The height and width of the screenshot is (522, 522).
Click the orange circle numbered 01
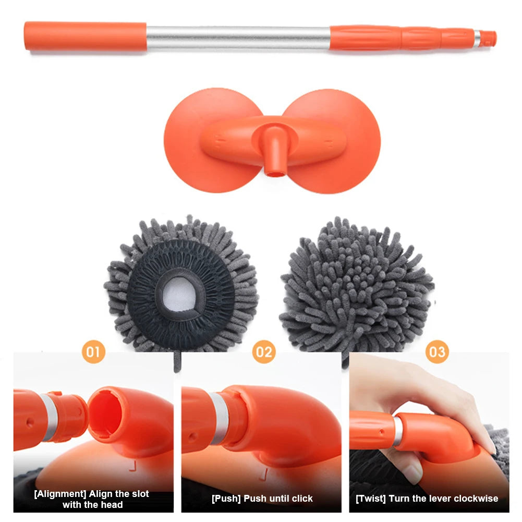[93, 351]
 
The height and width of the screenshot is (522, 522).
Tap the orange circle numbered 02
[264, 351]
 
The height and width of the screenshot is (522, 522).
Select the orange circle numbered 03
[437, 351]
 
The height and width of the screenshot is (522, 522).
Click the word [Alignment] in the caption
[60, 494]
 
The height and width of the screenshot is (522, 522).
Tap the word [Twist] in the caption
[371, 499]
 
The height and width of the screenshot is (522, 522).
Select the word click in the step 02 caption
[302, 499]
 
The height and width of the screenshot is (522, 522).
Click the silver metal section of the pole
[238, 38]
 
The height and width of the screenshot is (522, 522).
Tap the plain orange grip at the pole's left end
[85, 36]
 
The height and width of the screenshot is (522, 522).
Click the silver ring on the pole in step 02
[220, 418]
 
